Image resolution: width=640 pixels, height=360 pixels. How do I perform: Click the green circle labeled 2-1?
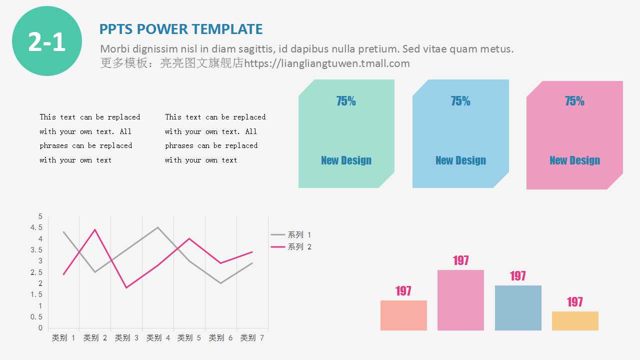point(47,41)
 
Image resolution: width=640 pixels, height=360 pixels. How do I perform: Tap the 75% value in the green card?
point(346,101)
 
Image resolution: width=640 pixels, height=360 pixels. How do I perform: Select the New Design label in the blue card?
point(460,160)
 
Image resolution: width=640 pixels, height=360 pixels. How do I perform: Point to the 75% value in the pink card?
point(574,101)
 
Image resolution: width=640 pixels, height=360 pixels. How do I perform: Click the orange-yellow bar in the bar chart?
point(575,321)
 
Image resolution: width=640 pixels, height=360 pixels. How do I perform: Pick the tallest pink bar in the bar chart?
point(460,300)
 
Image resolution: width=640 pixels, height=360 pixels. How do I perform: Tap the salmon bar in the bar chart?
point(403,315)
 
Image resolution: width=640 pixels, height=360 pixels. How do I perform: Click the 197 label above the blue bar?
point(518,276)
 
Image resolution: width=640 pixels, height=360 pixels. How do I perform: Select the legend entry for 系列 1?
point(291,234)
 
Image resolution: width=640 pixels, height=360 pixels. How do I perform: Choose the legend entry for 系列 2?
point(291,246)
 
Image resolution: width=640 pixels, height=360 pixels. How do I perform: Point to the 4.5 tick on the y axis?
point(36,227)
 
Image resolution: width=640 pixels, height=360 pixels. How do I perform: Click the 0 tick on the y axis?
point(40,328)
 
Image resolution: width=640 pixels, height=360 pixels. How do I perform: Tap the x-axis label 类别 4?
point(158,338)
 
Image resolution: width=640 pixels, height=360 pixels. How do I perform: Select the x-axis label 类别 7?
point(252,338)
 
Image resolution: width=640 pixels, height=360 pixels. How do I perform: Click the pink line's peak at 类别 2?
point(95,229)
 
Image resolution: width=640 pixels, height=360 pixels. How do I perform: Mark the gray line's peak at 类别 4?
point(158,227)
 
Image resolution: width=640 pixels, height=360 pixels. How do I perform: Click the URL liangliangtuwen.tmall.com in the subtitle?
point(327,63)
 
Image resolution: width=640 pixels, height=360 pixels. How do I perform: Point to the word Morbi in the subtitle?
point(113,49)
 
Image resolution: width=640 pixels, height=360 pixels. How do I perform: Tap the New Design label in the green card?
point(346,160)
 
